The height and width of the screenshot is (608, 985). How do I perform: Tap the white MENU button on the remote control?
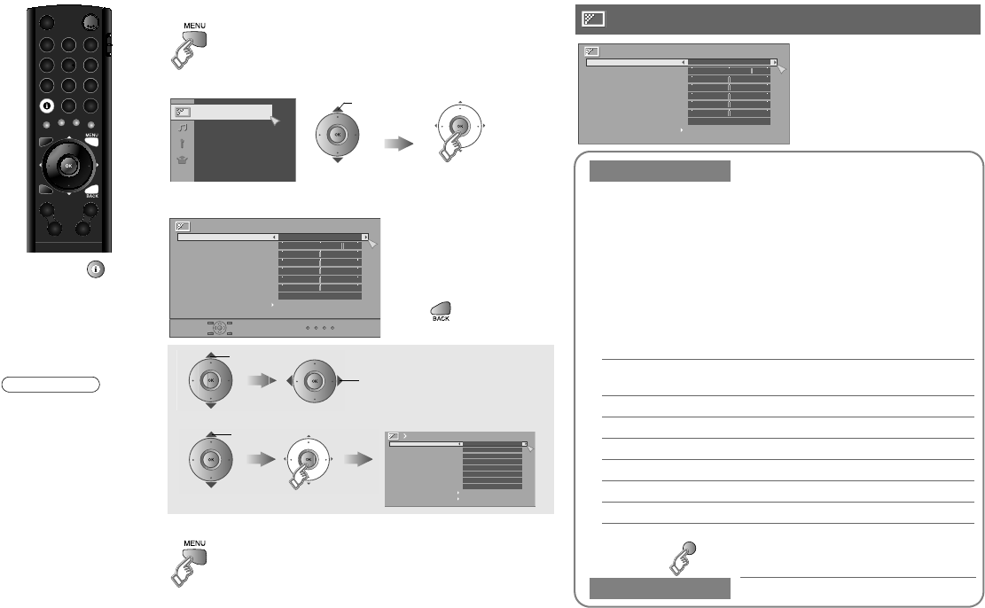[92, 144]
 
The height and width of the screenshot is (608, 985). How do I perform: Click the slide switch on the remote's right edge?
[108, 44]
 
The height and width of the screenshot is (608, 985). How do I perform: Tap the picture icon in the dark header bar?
[592, 19]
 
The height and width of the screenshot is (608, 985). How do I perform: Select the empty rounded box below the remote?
[51, 384]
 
